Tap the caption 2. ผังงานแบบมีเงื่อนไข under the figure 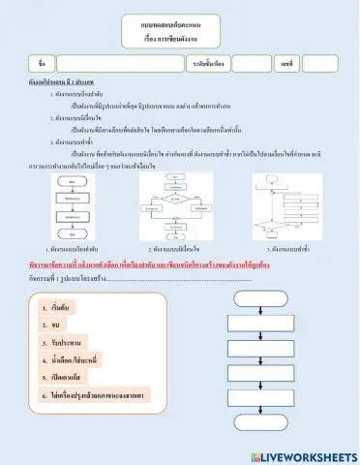pos(175,249)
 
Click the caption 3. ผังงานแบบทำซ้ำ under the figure pos(290,249)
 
